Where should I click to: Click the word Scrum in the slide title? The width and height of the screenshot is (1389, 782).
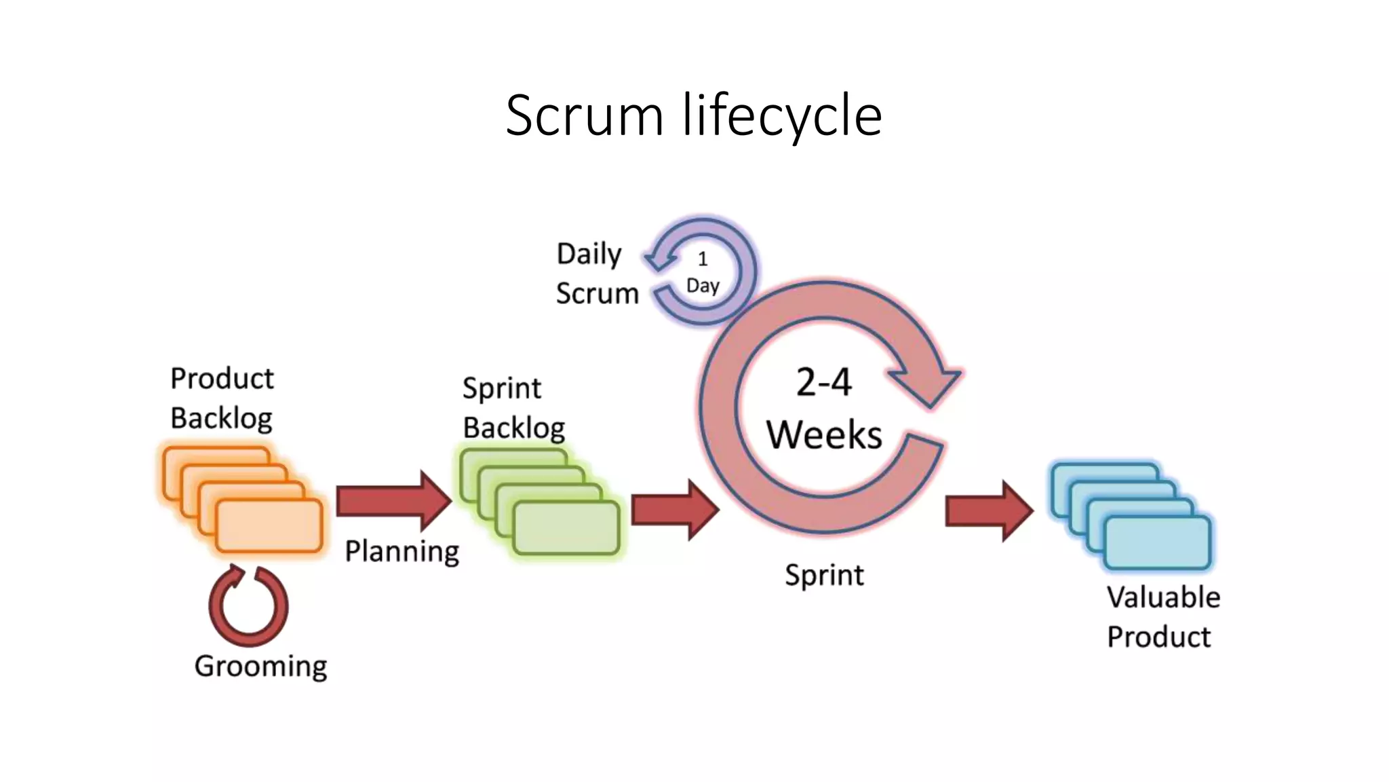584,115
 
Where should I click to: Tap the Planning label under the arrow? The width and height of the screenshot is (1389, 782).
402,551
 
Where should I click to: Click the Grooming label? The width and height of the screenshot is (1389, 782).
260,666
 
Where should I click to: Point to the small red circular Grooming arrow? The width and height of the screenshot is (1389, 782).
248,606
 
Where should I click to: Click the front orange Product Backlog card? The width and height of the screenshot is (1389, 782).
269,525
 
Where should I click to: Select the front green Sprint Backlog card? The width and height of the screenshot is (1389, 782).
566,527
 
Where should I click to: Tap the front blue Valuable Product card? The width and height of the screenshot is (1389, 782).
1157,542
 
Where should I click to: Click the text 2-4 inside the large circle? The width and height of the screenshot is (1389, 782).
823,382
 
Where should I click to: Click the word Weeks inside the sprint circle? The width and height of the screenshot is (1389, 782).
824,435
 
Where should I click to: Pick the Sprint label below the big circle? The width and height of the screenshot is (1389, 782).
824,576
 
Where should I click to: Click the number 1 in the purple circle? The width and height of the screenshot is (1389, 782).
703,259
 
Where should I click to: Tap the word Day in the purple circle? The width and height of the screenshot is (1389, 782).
703,286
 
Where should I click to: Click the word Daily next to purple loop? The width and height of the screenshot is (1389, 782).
589,254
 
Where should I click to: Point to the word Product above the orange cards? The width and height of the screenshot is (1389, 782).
222,379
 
